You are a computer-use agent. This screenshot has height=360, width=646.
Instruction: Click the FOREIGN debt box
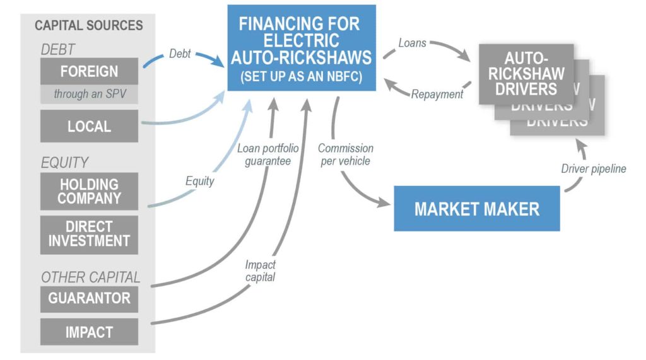click(x=89, y=71)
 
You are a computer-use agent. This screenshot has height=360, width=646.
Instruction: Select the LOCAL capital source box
click(x=89, y=126)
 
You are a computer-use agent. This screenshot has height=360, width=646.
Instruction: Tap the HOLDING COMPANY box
click(x=89, y=190)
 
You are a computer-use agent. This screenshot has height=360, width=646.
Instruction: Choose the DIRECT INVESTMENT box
click(x=89, y=233)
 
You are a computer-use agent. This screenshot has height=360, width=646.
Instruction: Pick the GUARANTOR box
click(x=89, y=298)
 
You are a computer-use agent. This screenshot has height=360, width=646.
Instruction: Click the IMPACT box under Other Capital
click(x=89, y=332)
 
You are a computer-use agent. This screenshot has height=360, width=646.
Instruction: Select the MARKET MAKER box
click(x=477, y=209)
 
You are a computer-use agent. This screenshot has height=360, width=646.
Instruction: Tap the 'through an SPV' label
click(x=89, y=95)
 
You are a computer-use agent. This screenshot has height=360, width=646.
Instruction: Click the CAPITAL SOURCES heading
click(x=89, y=26)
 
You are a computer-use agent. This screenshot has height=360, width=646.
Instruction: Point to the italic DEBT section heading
click(x=58, y=49)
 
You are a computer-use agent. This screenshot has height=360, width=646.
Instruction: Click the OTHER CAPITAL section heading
click(x=90, y=277)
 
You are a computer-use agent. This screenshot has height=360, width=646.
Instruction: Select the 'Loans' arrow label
click(x=412, y=44)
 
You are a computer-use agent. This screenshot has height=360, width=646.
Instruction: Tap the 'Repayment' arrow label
click(x=437, y=95)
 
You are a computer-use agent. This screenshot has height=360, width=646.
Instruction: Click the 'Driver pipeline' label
click(x=593, y=168)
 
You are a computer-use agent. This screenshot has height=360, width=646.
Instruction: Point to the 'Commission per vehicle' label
click(x=345, y=154)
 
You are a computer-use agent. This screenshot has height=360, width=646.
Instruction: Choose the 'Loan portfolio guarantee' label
click(x=267, y=154)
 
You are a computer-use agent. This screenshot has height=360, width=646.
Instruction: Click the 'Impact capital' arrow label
click(x=261, y=270)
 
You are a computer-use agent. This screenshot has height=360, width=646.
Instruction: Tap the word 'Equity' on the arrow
click(x=199, y=181)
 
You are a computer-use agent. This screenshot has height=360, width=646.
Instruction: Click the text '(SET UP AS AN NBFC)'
click(x=300, y=77)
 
